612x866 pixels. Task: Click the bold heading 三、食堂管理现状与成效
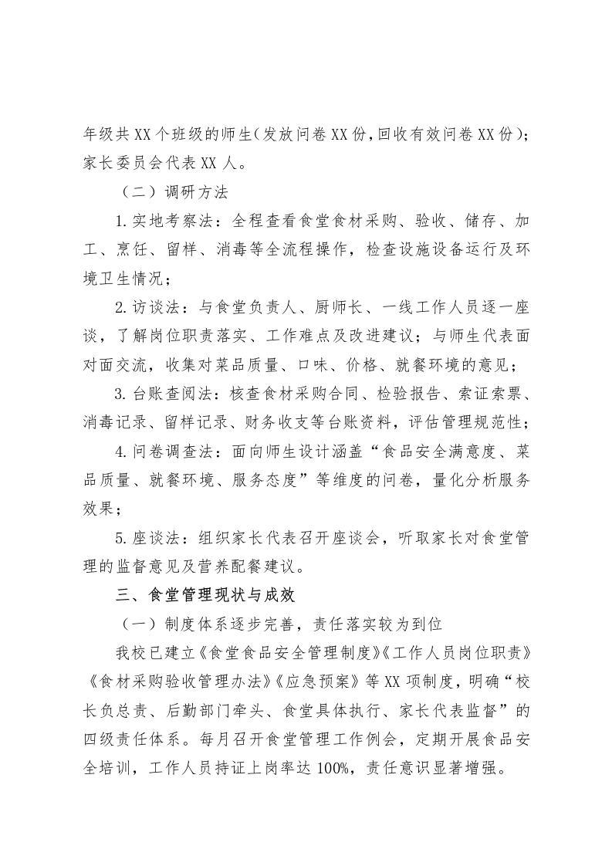[199, 595]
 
